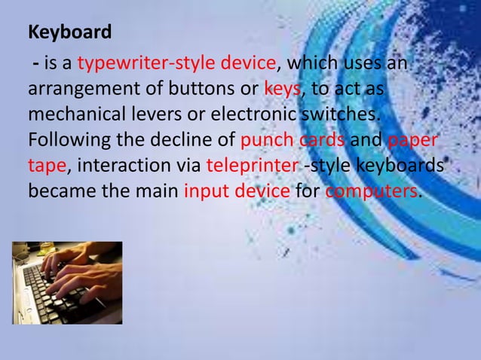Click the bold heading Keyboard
tap(69, 33)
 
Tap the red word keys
tap(282, 89)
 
